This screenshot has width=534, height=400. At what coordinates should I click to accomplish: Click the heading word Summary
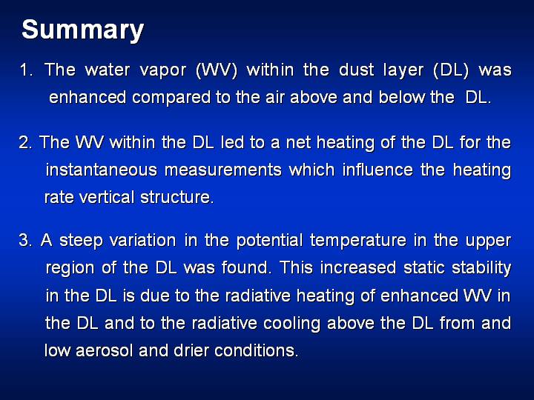coord(83,30)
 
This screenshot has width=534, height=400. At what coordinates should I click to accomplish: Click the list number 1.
coord(26,70)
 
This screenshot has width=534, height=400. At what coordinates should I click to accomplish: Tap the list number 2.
coord(25,142)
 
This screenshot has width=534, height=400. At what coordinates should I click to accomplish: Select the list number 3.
coord(25,240)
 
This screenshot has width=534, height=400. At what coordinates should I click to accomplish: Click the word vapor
coord(163,71)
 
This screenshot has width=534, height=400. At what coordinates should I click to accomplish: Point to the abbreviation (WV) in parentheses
coord(217,70)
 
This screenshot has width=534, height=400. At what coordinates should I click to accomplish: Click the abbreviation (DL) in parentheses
coord(451,70)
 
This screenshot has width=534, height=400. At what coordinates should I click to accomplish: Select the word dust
coord(357,70)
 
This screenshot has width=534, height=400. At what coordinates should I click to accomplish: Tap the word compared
coord(171,98)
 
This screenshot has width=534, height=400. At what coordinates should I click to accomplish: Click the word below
coord(401,97)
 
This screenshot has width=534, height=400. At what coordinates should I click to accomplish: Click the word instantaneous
coord(102,170)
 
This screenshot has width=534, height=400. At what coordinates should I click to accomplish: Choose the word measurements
coord(223,170)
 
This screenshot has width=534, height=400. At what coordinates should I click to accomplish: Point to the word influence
coord(378,170)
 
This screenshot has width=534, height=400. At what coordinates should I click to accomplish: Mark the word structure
coord(177,198)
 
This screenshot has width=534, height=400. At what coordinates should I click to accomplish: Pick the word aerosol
coord(105,351)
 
